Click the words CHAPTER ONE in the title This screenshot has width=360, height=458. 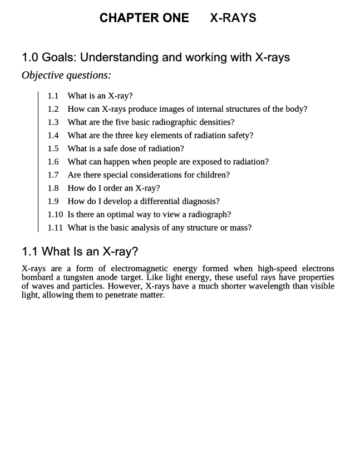tap(144, 18)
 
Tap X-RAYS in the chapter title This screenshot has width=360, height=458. tap(233, 18)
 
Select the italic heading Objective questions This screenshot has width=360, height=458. tap(66, 75)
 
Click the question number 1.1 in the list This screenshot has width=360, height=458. tap(53, 96)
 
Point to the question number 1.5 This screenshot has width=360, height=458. tap(53, 148)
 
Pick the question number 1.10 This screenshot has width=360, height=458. tap(55, 214)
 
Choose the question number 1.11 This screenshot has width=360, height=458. tap(55, 227)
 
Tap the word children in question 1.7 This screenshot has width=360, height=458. tap(212, 175)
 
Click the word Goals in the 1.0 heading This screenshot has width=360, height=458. tap(58, 57)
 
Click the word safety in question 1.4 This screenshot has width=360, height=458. tap(237, 135)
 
